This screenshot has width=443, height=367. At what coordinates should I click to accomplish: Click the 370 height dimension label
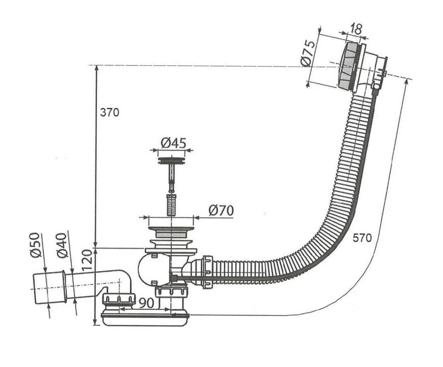coord(109,113)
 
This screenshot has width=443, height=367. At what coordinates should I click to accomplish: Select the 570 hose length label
coord(362,238)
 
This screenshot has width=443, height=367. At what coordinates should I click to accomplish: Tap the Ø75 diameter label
coord(308,53)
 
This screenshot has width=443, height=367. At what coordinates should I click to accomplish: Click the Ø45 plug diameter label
coord(173,143)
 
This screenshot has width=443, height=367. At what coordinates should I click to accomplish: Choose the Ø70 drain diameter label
coord(221,211)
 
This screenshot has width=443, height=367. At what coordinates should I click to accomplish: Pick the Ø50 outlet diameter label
coord(36,245)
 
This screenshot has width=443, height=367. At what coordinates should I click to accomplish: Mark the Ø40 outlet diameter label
coord(62,245)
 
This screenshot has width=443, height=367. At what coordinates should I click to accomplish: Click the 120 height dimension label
coord(87,260)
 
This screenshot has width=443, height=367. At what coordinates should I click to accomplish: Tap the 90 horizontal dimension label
coord(146,303)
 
